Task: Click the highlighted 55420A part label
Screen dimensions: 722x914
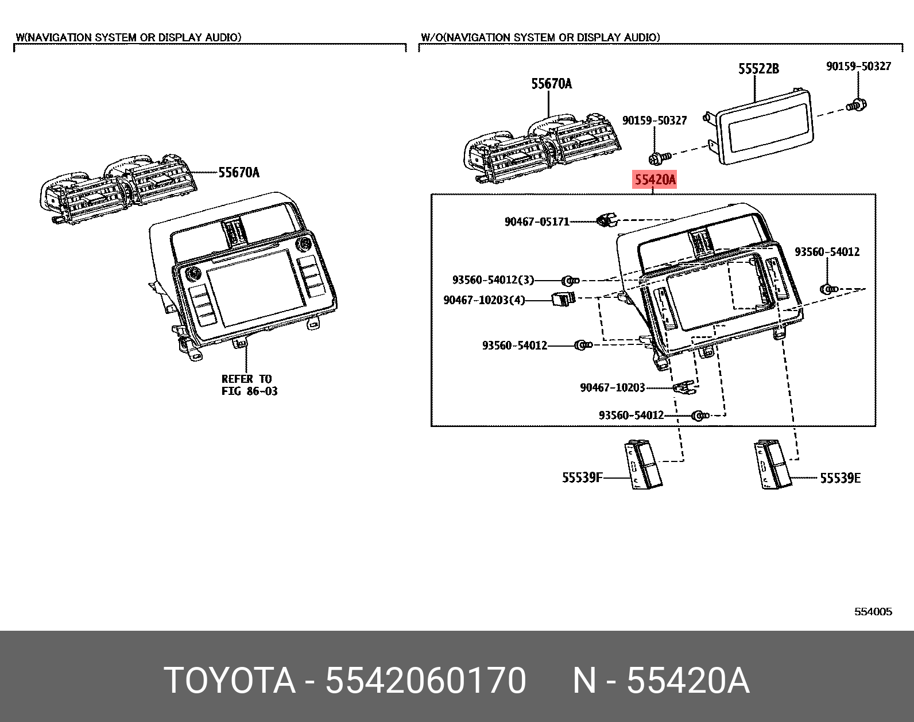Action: coord(654,180)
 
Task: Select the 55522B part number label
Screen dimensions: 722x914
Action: coord(758,69)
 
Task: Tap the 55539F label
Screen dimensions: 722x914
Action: coord(582,478)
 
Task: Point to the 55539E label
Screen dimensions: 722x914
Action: coord(840,478)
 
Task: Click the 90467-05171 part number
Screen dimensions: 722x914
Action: coord(537,222)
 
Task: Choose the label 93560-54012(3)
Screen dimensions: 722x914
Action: coord(493,280)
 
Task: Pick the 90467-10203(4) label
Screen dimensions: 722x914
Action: coord(484,300)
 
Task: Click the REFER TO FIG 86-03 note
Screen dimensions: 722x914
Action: coord(249,385)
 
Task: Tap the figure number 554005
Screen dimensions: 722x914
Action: coord(873,612)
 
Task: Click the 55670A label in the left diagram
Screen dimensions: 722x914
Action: coord(239,172)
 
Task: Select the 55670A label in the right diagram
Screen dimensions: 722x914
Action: coord(551,84)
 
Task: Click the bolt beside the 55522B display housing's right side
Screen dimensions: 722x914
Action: coord(857,105)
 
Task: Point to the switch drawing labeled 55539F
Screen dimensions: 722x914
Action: coord(643,465)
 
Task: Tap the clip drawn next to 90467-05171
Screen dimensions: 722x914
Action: coord(606,220)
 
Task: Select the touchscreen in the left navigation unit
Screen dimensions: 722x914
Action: coord(255,287)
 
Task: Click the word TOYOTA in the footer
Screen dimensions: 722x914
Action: coord(230,681)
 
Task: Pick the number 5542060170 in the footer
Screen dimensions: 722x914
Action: coord(425,681)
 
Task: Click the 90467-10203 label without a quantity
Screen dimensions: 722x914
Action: coord(613,388)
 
